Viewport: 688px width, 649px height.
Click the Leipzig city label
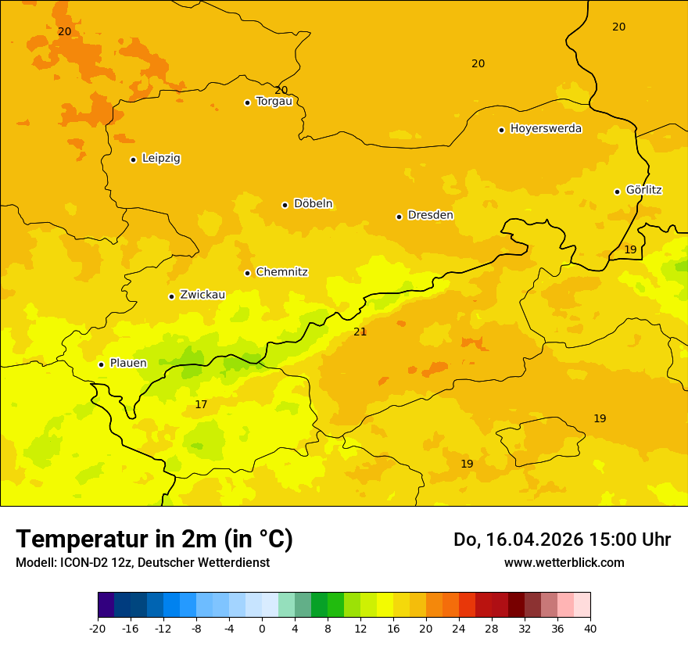[x=161, y=159]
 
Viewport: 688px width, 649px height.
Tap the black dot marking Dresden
[x=399, y=217]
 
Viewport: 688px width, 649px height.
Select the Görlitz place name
[x=643, y=190]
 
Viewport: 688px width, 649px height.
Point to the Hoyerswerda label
[x=546, y=129]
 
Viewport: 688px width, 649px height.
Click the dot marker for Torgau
[x=247, y=102]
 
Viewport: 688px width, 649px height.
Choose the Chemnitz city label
[x=281, y=272]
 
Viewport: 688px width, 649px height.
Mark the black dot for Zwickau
[x=171, y=296]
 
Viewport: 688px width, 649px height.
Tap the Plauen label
[x=128, y=364]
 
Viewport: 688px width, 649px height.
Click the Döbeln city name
[x=313, y=204]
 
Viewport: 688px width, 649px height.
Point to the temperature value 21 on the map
[x=360, y=332]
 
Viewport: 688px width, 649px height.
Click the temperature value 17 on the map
[x=201, y=405]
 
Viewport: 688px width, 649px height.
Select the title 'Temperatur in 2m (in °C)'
[x=154, y=540]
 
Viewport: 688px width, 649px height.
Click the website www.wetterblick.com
[x=564, y=563]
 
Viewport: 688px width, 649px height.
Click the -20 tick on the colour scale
[x=98, y=629]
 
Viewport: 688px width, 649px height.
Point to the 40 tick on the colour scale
[x=590, y=629]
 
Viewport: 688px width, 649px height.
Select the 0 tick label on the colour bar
[x=262, y=629]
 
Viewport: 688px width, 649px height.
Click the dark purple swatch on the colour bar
[x=106, y=605]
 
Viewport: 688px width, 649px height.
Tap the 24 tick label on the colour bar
[x=459, y=629]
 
